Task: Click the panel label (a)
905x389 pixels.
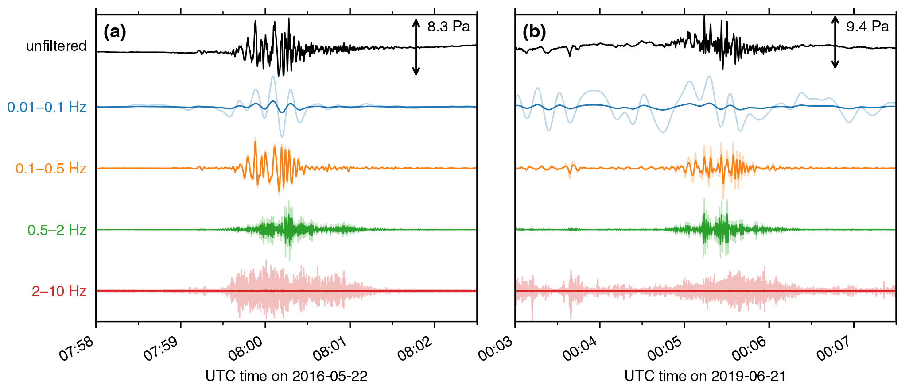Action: click(115, 32)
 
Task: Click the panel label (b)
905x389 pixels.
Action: click(534, 32)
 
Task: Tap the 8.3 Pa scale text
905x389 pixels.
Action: click(448, 27)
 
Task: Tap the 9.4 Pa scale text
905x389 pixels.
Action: click(867, 27)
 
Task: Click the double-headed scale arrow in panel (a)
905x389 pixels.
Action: click(416, 47)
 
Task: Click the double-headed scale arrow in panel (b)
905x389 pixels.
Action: click(835, 42)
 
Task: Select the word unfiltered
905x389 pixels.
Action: click(56, 46)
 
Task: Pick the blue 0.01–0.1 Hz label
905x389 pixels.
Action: click(47, 107)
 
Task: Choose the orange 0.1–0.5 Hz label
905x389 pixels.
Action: click(51, 169)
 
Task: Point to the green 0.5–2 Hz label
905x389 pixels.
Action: click(57, 230)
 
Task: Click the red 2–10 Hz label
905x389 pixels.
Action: click(59, 291)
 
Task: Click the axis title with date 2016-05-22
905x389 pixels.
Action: click(287, 376)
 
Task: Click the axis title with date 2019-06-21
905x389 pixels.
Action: click(705, 376)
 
